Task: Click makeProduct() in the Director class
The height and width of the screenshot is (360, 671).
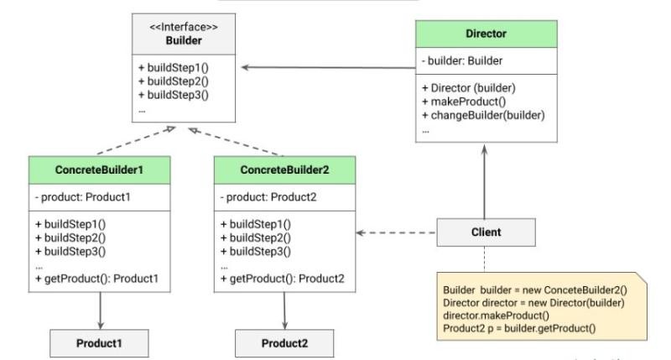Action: (x=465, y=102)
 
